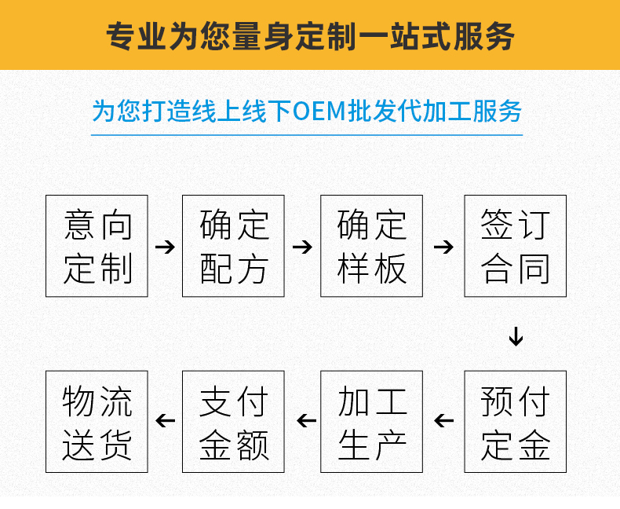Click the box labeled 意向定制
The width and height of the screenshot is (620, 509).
[97, 246]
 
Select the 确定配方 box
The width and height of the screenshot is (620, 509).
[234, 246]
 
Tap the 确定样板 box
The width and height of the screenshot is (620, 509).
[371, 246]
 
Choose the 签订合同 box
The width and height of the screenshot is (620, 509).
[515, 246]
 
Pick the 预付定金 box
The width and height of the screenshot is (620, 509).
[515, 422]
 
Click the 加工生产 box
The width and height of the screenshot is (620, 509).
[371, 422]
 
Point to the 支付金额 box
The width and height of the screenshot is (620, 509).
[234, 422]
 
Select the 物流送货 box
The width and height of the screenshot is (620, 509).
[97, 422]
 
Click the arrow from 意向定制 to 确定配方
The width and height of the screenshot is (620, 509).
[165, 247]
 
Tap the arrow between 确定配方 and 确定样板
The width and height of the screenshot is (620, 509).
[302, 247]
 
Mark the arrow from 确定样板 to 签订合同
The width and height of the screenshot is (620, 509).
[443, 247]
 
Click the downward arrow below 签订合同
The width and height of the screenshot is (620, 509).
[516, 335]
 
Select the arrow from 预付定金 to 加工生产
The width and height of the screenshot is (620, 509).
[444, 421]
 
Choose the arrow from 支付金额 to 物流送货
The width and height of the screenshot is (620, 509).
[166, 421]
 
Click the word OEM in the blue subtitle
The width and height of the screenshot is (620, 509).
[319, 111]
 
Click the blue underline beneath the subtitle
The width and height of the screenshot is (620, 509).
[307, 135]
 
